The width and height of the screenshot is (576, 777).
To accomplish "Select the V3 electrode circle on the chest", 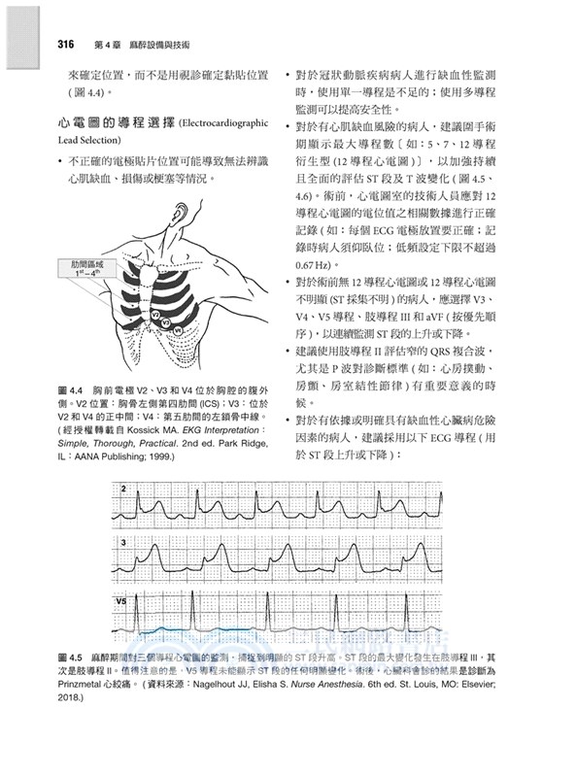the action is click(166, 321).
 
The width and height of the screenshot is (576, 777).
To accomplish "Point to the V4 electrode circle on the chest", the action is click(178, 331).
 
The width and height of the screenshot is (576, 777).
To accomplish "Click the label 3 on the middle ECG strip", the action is click(124, 542).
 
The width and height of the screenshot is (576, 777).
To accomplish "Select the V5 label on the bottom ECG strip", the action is click(123, 602).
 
